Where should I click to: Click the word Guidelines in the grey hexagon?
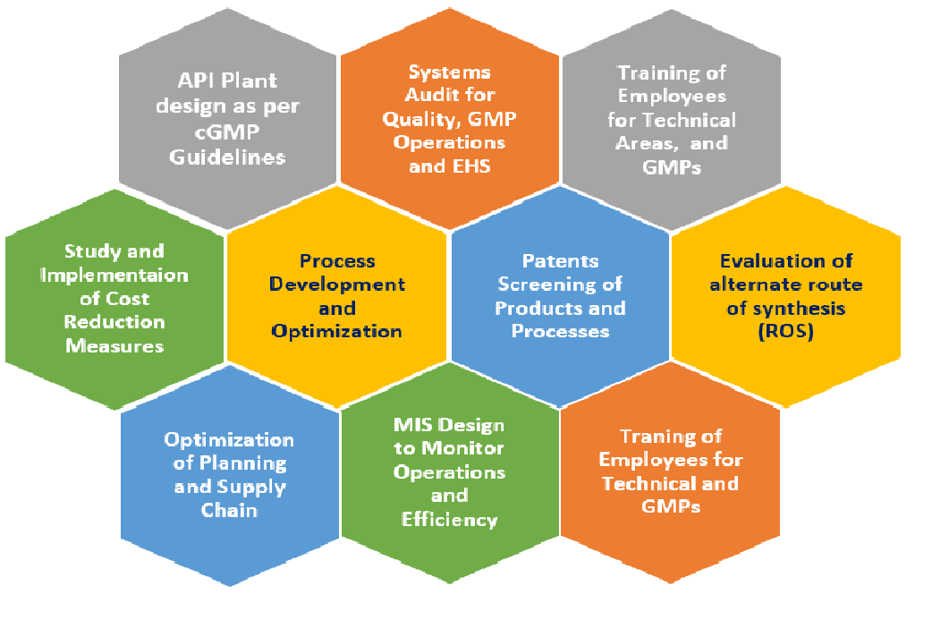pyautogui.click(x=228, y=157)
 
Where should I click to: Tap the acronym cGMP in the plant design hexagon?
pyautogui.click(x=227, y=132)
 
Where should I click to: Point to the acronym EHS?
pyautogui.click(x=470, y=166)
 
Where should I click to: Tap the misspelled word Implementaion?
pyautogui.click(x=114, y=276)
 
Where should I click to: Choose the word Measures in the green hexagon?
pyautogui.click(x=114, y=345)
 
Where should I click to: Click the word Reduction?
pyautogui.click(x=114, y=322)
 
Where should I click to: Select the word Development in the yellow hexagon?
pyautogui.click(x=337, y=285)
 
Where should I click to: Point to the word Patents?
pyautogui.click(x=561, y=260)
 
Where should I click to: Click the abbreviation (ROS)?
pyautogui.click(x=786, y=331)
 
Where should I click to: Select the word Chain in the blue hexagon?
pyautogui.click(x=229, y=510)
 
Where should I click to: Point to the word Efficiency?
pyautogui.click(x=449, y=520)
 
